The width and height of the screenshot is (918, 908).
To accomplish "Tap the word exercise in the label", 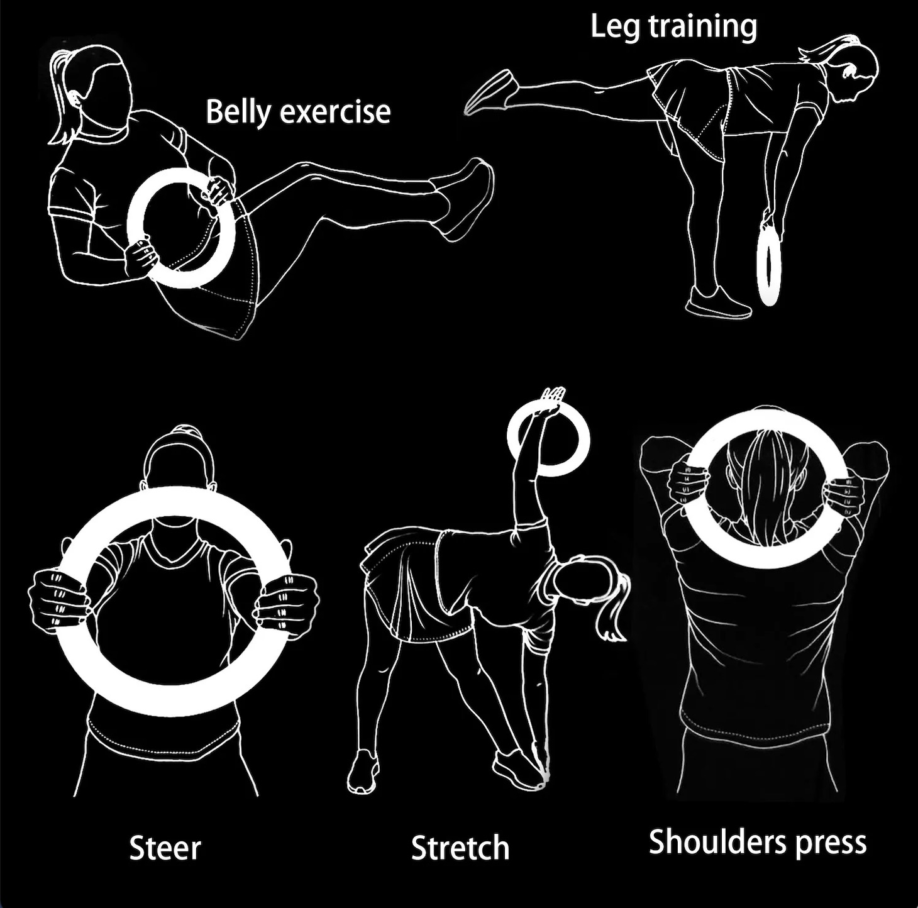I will tap(335, 112).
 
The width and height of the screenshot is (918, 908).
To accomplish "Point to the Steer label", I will tap(165, 848).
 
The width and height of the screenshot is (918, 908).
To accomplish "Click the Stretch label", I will tap(460, 848).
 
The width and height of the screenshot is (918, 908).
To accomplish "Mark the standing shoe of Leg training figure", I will tap(717, 303).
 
